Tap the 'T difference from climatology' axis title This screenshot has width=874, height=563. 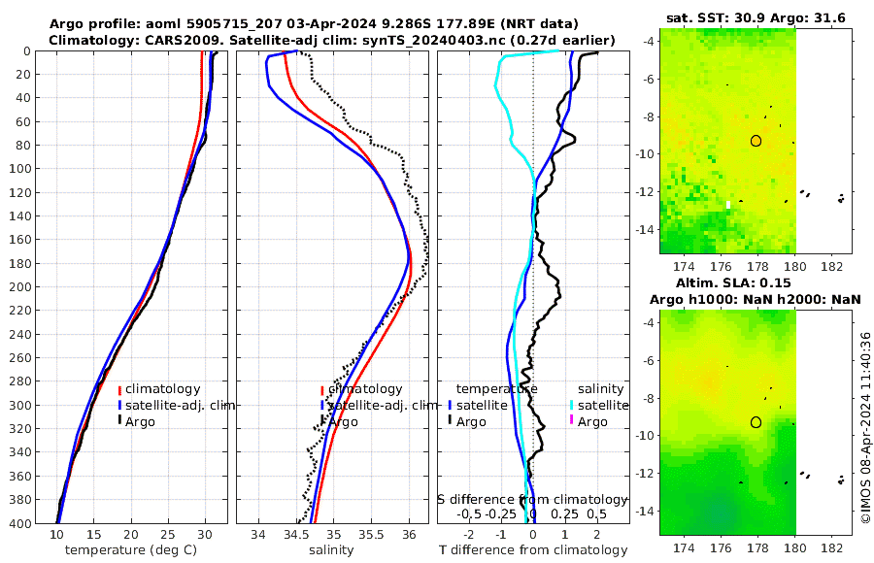[532, 550]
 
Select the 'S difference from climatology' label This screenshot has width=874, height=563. [532, 499]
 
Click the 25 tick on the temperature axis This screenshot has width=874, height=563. [167, 534]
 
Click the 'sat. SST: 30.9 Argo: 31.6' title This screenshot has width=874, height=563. [756, 17]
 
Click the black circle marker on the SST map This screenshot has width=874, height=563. [756, 141]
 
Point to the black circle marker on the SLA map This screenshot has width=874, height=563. [756, 422]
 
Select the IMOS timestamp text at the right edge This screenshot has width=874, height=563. [865, 428]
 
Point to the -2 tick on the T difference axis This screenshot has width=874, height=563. [470, 534]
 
